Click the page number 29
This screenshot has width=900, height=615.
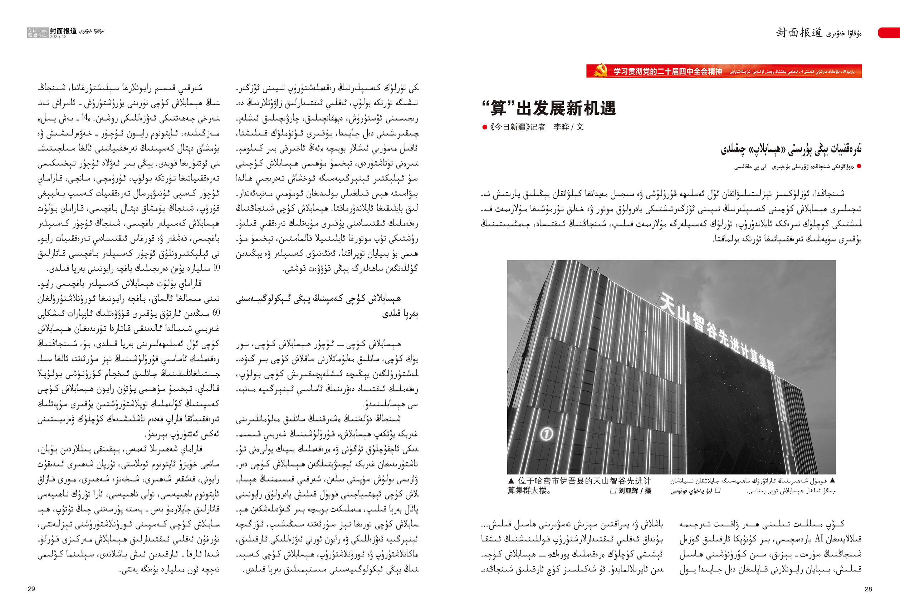[31, 589]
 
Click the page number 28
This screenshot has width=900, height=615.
[868, 589]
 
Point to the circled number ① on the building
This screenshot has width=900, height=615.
[547, 434]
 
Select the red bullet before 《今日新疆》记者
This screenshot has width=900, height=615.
[484, 127]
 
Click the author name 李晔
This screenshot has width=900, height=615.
[561, 127]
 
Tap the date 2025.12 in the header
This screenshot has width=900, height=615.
[58, 37]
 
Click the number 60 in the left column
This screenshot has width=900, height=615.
[216, 313]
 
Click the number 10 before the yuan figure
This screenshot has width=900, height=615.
[216, 268]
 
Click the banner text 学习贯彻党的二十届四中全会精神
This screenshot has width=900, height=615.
[667, 71]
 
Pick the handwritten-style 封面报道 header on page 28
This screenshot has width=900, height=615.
[799, 33]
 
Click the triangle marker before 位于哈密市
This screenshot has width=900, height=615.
[511, 481]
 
